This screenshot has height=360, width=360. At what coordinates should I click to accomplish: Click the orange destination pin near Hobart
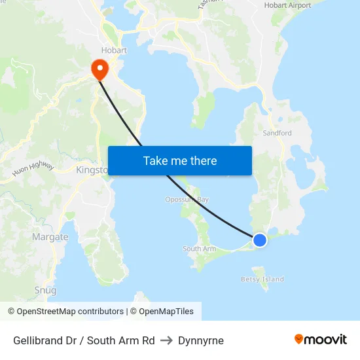pyautogui.click(x=99, y=68)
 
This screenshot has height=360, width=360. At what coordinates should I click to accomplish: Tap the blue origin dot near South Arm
pyautogui.click(x=260, y=240)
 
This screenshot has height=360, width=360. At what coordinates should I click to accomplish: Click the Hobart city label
pyautogui.click(x=114, y=50)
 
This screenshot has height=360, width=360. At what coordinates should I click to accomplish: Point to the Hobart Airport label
pyautogui.click(x=287, y=5)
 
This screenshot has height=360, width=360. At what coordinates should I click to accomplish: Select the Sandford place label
pyautogui.click(x=277, y=133)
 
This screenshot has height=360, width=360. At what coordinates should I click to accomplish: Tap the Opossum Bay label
pyautogui.click(x=187, y=200)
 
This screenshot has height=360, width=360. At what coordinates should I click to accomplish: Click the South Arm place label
pyautogui.click(x=199, y=249)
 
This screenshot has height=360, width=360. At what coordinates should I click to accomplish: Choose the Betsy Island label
pyautogui.click(x=262, y=279)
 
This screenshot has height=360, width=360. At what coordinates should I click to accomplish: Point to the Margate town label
pyautogui.click(x=50, y=237)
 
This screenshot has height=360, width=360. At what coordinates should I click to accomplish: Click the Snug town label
pyautogui.click(x=45, y=290)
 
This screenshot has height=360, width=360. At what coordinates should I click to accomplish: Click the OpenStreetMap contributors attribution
pyautogui.click(x=65, y=312)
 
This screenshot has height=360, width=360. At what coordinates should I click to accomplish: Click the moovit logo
pyautogui.click(x=320, y=339)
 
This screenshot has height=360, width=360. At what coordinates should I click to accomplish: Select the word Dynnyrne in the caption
pyautogui.click(x=201, y=340)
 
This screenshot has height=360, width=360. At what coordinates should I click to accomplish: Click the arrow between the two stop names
pyautogui.click(x=166, y=340)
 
